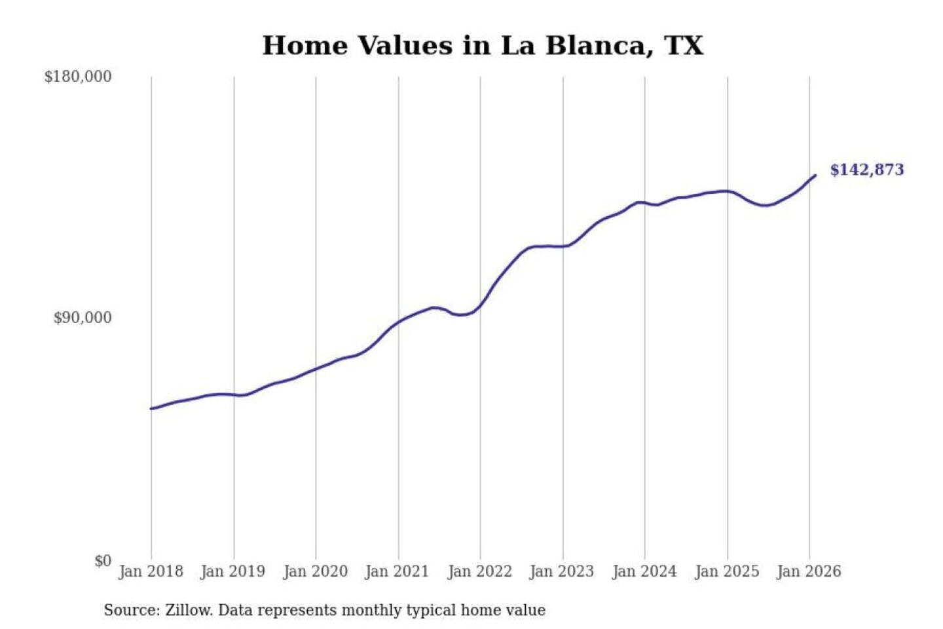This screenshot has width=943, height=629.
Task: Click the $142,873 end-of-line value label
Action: click(866, 170)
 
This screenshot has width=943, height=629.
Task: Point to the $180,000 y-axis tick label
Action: click(78, 77)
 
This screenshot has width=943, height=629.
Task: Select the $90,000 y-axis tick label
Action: click(83, 318)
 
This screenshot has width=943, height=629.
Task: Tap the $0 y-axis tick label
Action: click(103, 561)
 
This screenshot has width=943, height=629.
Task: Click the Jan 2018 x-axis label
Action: click(151, 571)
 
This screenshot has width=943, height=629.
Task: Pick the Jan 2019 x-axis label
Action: click(232, 571)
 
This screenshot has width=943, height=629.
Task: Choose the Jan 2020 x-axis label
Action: click(315, 571)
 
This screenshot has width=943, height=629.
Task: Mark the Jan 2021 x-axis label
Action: click(397, 571)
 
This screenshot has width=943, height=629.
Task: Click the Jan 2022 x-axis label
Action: click(479, 571)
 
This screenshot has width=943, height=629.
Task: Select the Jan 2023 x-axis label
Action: click(561, 571)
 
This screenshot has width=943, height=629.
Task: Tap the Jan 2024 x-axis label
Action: click(644, 571)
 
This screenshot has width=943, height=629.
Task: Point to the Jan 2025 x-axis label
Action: click(726, 571)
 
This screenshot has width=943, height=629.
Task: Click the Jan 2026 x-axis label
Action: click(808, 571)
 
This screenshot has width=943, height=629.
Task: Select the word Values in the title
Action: click(405, 46)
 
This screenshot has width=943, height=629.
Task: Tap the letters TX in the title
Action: click(684, 46)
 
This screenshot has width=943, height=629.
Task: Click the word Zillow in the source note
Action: click(188, 611)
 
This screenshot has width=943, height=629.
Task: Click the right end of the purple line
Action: click(815, 176)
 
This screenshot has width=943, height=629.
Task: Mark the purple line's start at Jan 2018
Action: click(151, 409)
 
